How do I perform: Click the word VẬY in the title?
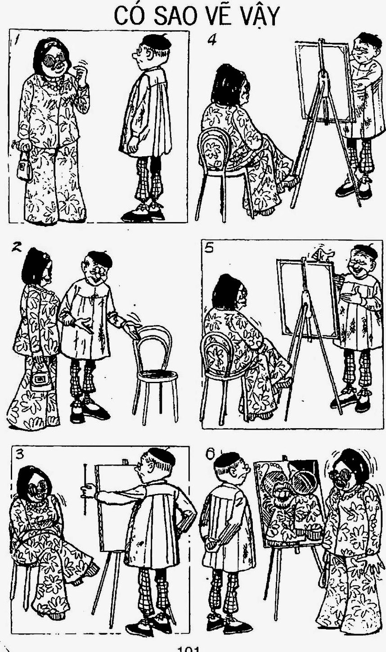pos(260,17)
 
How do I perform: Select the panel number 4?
pos(212,40)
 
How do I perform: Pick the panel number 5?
pos(210,248)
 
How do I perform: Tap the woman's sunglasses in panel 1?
pos(54,60)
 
